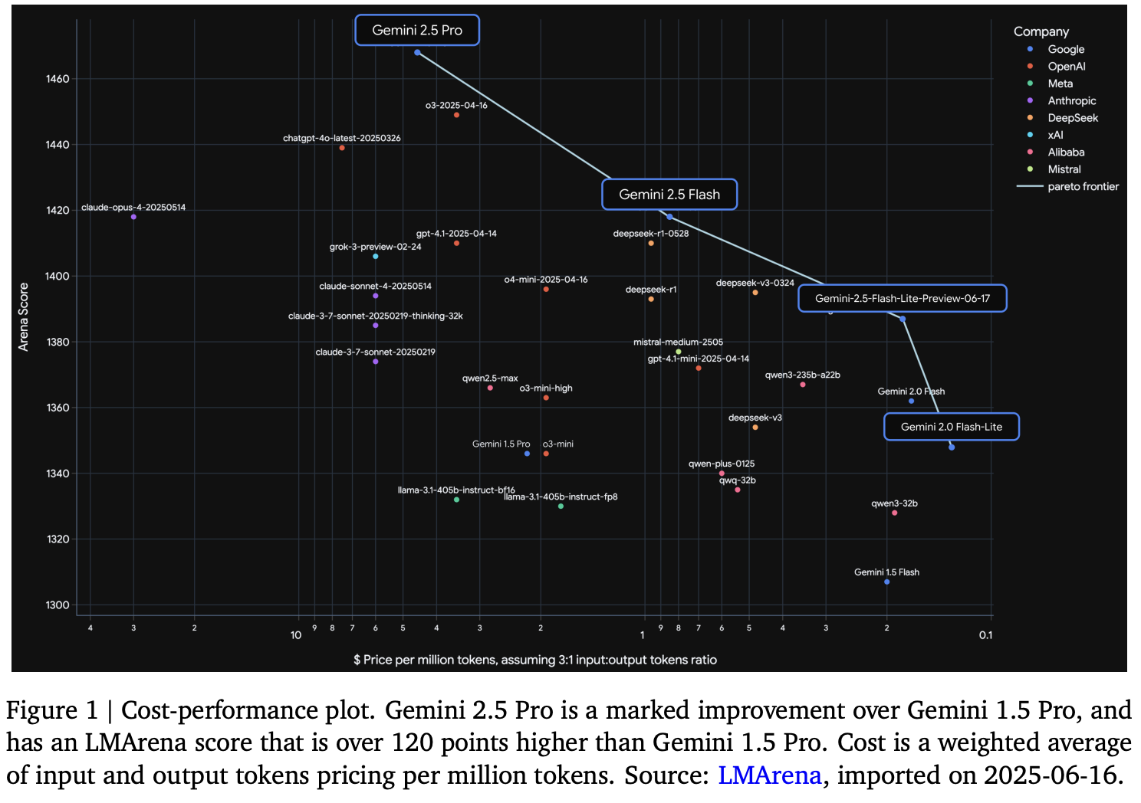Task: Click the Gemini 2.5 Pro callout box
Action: (x=417, y=31)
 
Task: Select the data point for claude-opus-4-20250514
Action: (x=133, y=217)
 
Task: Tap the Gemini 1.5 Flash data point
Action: (x=887, y=582)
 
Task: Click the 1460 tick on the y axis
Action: (x=58, y=79)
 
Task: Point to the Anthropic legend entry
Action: (x=1071, y=100)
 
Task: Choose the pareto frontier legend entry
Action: (x=1083, y=186)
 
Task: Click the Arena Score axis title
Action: (x=24, y=316)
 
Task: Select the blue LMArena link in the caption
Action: (x=769, y=775)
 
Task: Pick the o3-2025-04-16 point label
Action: (x=456, y=105)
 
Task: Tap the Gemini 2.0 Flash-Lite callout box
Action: (x=951, y=427)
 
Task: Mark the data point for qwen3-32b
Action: (x=895, y=513)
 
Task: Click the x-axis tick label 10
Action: (x=296, y=635)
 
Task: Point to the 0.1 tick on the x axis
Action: (x=985, y=635)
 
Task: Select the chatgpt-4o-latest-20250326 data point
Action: (x=342, y=148)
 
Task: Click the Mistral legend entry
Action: (x=1064, y=169)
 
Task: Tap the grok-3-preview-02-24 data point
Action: (x=376, y=257)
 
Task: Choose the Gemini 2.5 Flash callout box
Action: (x=669, y=195)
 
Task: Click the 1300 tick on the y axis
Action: (x=58, y=605)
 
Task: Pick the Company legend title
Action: (x=1041, y=31)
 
